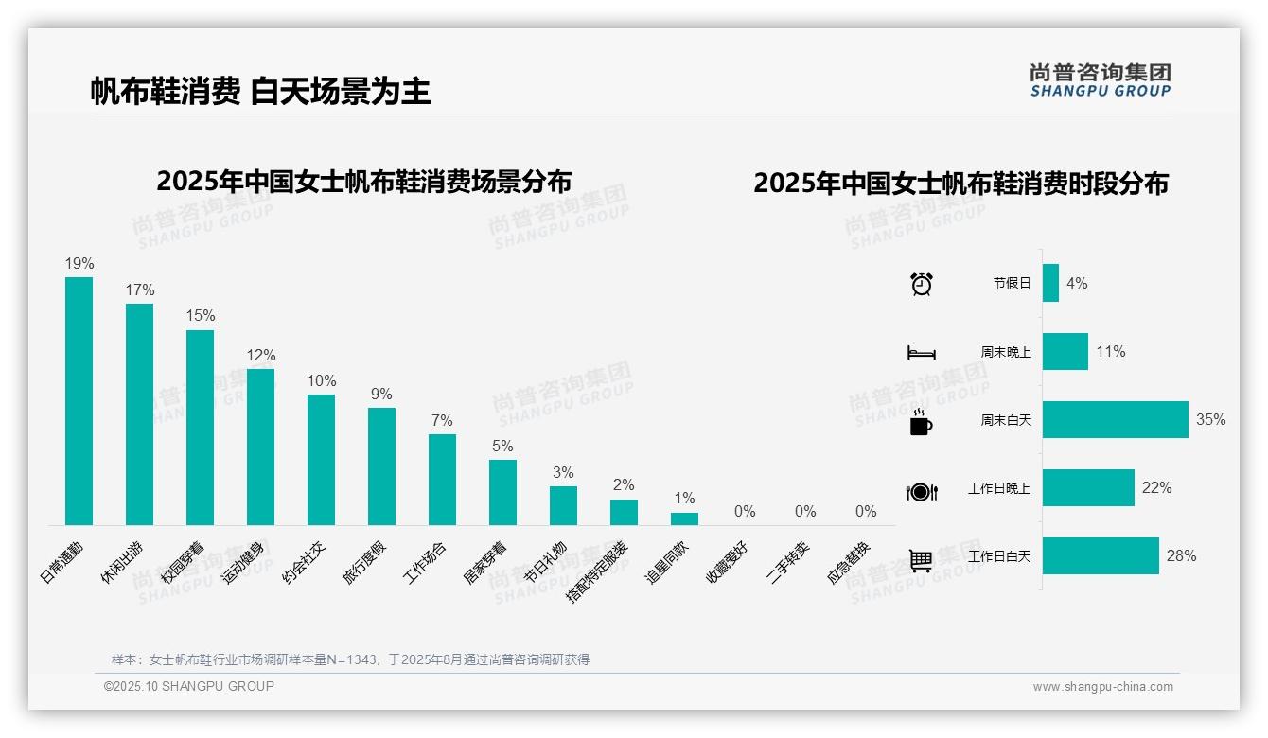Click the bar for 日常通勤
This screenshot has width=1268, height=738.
(79, 401)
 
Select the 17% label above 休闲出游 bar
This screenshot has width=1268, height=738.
(140, 290)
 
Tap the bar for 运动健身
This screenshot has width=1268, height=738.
(260, 447)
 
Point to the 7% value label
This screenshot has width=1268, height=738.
(442, 421)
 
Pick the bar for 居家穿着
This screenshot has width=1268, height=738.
(502, 492)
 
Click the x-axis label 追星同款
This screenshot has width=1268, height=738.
(667, 563)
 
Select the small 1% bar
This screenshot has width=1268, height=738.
(684, 518)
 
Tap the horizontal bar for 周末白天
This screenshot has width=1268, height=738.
(1115, 419)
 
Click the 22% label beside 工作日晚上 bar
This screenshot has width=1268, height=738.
(1156, 488)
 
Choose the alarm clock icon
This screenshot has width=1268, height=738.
(922, 284)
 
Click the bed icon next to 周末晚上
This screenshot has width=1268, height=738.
(922, 353)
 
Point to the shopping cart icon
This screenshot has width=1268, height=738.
(922, 560)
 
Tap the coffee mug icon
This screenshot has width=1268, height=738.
(921, 423)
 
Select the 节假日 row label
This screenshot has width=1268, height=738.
(1012, 283)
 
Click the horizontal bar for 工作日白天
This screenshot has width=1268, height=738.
(1101, 556)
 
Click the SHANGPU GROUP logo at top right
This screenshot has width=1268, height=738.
(1100, 80)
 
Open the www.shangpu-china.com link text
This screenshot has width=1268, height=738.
(1102, 687)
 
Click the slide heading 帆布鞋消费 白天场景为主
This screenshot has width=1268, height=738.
(261, 91)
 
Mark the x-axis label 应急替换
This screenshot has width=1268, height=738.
(849, 563)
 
